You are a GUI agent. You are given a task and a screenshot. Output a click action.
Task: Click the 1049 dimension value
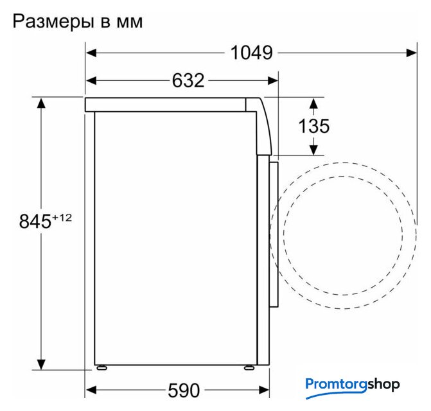click(252, 53)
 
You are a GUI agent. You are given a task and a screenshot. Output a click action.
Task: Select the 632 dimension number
click(188, 80)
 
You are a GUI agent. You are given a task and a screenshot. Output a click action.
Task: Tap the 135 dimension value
click(314, 126)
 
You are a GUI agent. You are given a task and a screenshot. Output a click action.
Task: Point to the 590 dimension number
click(184, 390)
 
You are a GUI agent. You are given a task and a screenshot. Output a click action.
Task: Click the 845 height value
click(35, 221)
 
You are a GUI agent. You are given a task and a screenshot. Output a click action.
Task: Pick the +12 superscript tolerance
click(62, 218)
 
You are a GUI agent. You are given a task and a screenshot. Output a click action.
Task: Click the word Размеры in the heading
click(53, 22)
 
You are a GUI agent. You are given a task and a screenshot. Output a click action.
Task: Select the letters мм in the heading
click(130, 22)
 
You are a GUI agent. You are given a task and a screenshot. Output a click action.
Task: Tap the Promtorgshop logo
click(353, 387)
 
